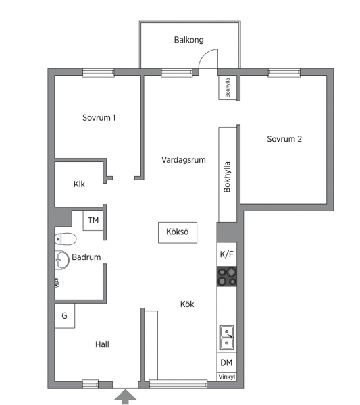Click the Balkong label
point(188,40)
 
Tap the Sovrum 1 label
point(99,117)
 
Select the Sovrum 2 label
point(284,139)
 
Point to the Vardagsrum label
point(184,159)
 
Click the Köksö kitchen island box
point(178,232)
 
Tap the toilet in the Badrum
point(66,239)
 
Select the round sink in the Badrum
point(61,260)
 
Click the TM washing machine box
point(93,220)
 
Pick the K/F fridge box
point(227,254)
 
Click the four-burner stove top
point(227,276)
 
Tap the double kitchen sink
point(227,337)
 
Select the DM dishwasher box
point(226,362)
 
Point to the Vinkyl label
point(227,377)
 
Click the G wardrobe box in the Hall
point(65,316)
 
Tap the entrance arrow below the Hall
point(126,396)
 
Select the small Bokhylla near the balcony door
point(228,87)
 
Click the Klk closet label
point(79,184)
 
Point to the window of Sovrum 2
point(284,73)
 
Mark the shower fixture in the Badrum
point(57,283)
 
